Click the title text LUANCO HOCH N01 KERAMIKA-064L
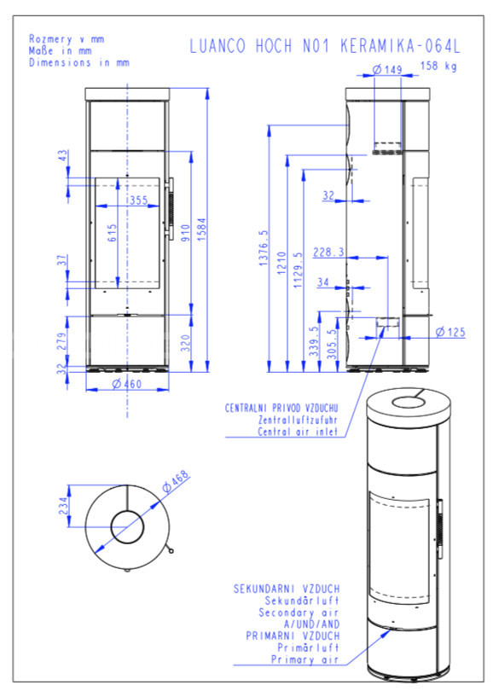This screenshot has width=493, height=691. coord(325,46)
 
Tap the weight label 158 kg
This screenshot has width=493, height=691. coord(438,66)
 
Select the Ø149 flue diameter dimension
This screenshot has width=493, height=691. coord(387,69)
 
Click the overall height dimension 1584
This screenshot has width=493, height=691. coord(202,229)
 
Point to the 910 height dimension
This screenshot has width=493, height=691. coord(185,233)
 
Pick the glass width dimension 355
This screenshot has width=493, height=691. coord(138,200)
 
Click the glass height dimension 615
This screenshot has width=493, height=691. coord(112,233)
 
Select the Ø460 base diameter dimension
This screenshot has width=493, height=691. coord(127,384)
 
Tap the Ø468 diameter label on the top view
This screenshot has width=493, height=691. coord(176,481)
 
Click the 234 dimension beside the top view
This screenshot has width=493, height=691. coord(64,506)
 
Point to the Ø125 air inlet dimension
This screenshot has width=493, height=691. coord(450,332)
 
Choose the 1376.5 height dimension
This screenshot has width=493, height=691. coord(263,247)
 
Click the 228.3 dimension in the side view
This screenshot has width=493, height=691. coord(328,252)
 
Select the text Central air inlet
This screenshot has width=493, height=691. coord(298,432)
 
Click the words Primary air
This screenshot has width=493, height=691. coord(304,659)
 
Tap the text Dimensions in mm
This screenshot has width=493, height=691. coord(79,62)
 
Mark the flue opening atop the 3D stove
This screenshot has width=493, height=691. coord(409,402)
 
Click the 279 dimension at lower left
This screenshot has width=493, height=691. coord(62,341)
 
